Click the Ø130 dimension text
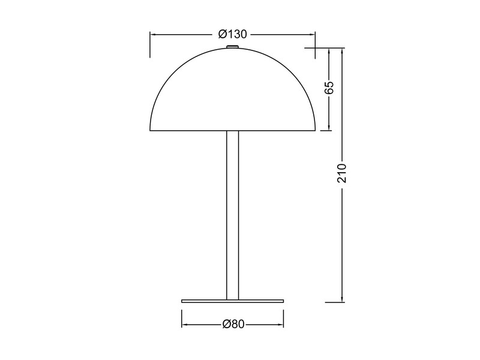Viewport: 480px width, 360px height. point(233,34)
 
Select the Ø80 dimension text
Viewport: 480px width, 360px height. point(233,325)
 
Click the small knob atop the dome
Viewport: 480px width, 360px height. point(233,45)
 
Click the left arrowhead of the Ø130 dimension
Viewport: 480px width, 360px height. point(153,34)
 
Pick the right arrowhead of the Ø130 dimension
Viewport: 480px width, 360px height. point(313,34)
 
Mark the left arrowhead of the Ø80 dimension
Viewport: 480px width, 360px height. point(185,325)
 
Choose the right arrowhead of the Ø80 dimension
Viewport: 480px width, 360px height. point(281,325)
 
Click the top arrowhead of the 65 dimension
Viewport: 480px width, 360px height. point(329,50)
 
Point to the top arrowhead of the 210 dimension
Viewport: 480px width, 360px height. point(341,50)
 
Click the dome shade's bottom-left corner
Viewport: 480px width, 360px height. point(151,130)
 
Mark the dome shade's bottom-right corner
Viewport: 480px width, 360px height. point(315,130)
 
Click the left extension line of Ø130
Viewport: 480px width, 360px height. point(150,45)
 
